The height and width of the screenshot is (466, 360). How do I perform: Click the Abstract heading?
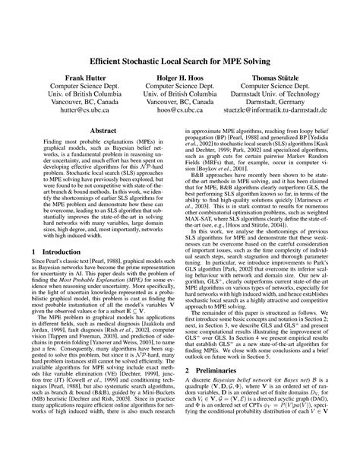coord(103,131)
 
